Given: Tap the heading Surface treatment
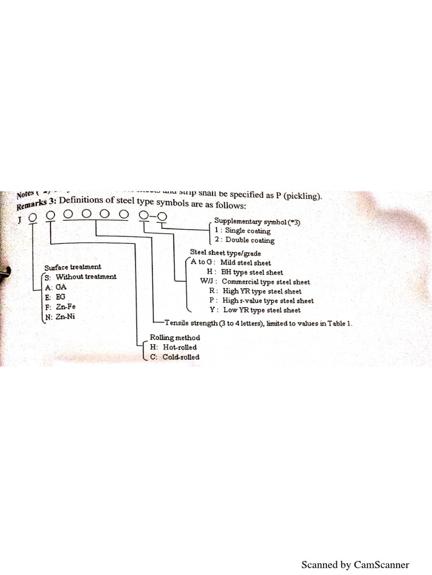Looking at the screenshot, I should click(73, 267).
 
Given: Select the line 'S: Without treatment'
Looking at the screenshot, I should click(80, 277).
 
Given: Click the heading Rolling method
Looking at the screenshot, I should click(174, 337).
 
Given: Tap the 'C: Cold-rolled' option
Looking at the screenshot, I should click(174, 357).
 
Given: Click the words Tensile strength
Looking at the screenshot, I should click(188, 324).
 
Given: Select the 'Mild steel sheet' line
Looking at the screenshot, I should click(245, 263).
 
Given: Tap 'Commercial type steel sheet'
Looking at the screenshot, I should click(265, 282).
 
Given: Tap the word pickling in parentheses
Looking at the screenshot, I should click(301, 195).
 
